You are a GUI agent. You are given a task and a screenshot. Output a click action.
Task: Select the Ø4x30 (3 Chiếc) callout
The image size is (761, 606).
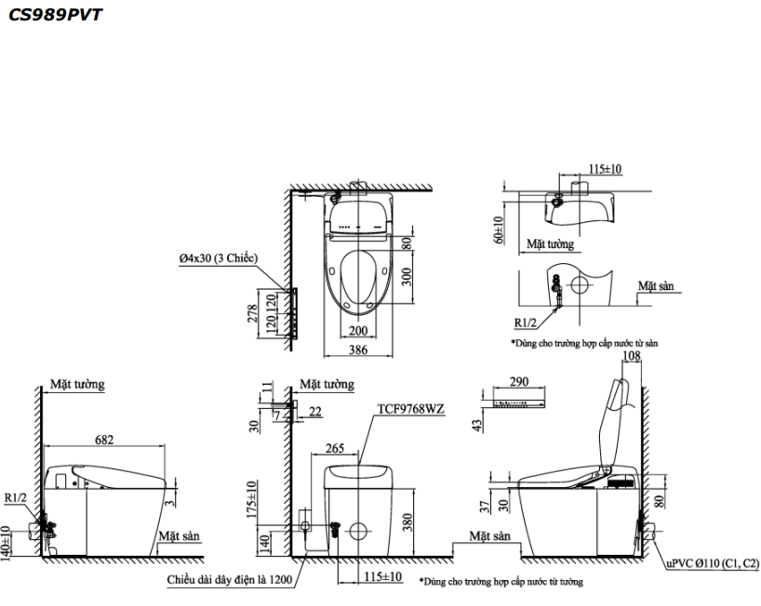point(218,259)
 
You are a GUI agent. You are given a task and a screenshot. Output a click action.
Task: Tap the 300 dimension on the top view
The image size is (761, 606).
point(407,282)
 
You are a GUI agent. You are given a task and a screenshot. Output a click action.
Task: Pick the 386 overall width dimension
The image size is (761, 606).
point(358,350)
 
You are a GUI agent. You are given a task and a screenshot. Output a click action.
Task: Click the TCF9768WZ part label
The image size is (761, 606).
point(410,408)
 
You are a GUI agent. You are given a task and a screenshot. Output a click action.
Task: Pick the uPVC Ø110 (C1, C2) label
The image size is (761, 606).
point(711,563)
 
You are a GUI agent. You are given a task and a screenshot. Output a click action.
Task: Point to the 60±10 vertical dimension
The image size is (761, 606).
point(499,231)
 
